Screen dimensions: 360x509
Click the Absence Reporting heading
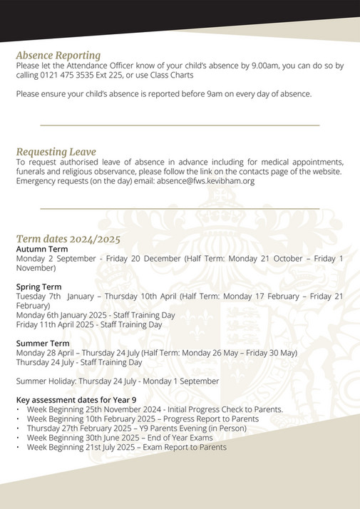click(x=58, y=55)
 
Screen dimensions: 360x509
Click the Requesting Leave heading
click(x=56, y=152)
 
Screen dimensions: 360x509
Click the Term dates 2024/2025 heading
click(x=68, y=239)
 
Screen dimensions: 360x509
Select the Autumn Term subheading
click(x=42, y=249)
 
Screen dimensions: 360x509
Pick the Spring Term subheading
click(x=38, y=286)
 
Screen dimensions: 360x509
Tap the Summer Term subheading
click(x=43, y=343)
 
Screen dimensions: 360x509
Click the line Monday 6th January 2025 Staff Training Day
click(x=95, y=314)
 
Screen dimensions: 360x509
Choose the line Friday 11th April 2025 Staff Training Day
click(x=88, y=324)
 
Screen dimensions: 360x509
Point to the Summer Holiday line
click(x=117, y=381)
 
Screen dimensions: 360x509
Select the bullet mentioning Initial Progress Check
click(x=155, y=409)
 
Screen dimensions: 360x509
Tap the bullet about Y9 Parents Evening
click(x=142, y=428)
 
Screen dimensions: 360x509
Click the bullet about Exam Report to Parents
click(x=126, y=447)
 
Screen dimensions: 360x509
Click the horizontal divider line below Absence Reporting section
click(x=180, y=124)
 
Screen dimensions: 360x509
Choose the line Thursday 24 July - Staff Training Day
click(x=78, y=362)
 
